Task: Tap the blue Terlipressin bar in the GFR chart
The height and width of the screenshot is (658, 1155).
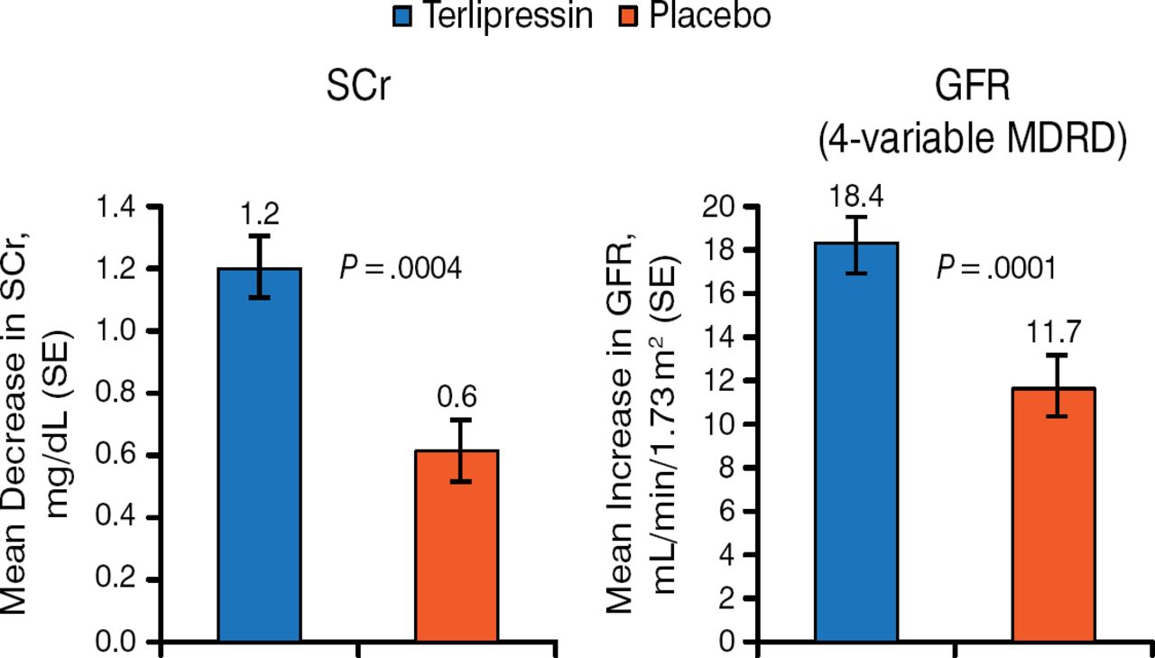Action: point(855,442)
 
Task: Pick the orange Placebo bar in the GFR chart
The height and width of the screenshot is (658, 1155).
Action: point(1054,514)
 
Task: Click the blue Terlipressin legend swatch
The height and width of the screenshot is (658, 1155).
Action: point(402,15)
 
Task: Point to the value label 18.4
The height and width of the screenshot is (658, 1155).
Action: point(855,195)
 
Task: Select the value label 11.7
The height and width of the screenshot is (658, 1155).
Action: point(1053,333)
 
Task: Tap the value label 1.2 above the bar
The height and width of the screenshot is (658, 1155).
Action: point(260,215)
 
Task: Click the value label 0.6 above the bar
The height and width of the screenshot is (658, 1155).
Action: point(457,397)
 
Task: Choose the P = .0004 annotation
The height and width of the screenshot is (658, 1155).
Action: point(401,268)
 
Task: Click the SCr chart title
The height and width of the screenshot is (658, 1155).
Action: point(358,90)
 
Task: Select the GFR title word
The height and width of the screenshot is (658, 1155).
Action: point(972,90)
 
